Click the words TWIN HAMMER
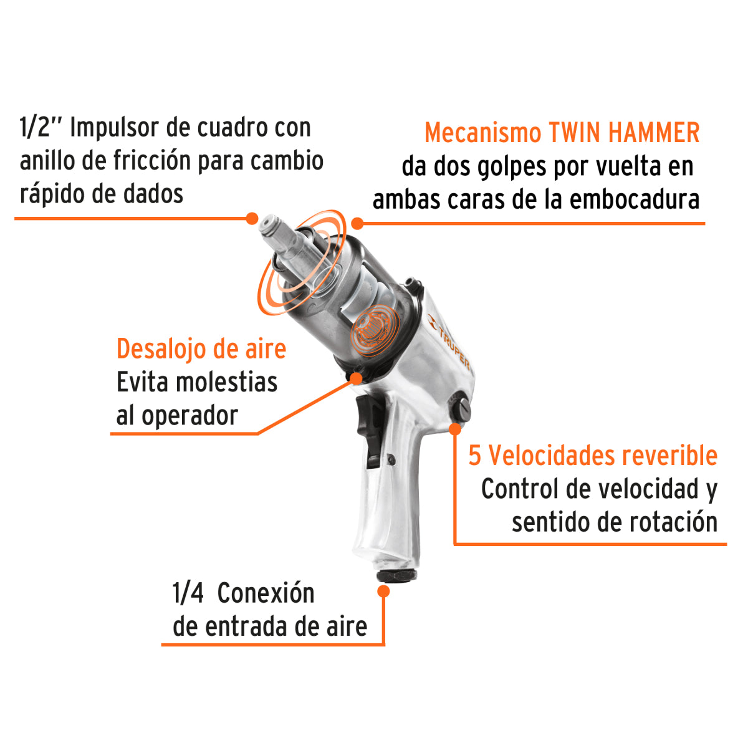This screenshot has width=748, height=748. click(x=624, y=133)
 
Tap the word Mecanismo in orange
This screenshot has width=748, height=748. click(x=483, y=133)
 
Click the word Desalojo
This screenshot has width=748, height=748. click(x=161, y=349)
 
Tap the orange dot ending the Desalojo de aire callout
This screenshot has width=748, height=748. click(x=357, y=378)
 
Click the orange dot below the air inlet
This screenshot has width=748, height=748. click(x=383, y=592)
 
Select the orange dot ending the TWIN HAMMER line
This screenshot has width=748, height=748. click(x=357, y=223)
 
